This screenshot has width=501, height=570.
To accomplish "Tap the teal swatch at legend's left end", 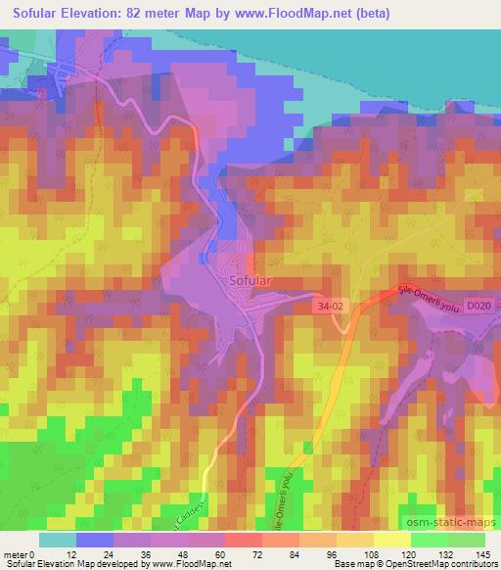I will [x=57, y=541].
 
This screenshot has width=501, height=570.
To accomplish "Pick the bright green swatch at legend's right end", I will [x=467, y=541].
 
